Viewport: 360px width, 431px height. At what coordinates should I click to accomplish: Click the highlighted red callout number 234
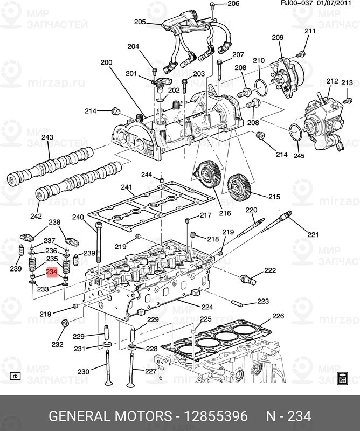click(52, 273)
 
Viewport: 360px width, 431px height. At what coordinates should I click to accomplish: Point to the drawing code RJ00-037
click(296, 4)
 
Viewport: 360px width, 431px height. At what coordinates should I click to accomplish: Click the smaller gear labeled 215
click(238, 186)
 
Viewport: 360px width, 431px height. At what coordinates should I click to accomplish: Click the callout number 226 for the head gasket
click(277, 316)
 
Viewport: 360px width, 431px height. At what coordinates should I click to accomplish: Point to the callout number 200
click(106, 62)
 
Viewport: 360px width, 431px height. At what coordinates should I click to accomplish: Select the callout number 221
click(313, 234)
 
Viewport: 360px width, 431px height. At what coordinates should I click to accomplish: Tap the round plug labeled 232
click(65, 324)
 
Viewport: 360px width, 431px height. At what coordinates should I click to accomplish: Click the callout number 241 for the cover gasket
click(127, 187)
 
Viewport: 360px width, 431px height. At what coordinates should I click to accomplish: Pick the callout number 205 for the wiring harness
click(140, 22)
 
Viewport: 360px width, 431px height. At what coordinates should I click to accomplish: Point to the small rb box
click(15, 376)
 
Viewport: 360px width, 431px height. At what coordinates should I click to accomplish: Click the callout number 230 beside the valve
click(83, 372)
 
